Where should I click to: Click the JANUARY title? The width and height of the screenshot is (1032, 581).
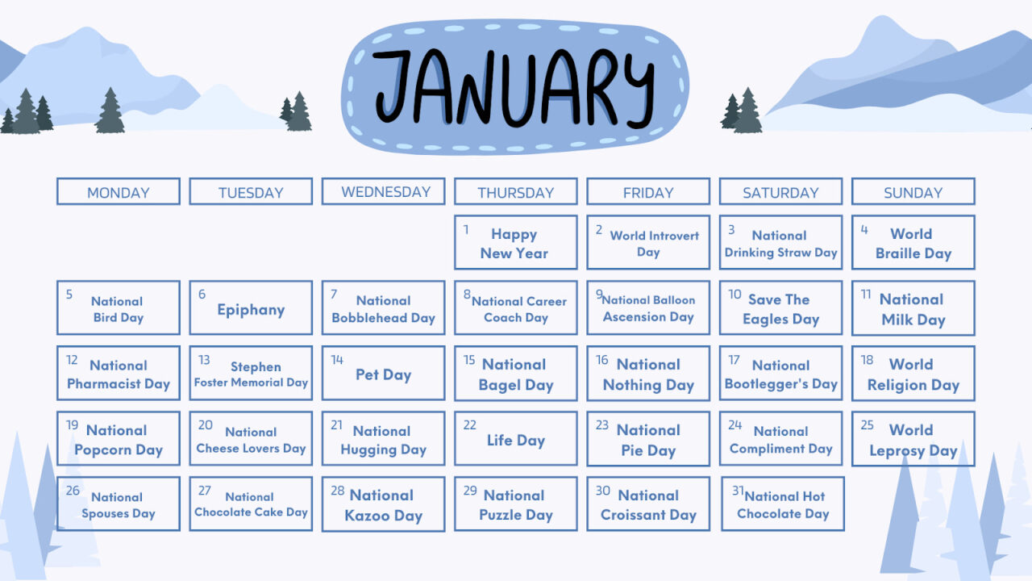coord(514,86)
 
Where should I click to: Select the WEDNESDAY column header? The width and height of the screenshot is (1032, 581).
coord(383,191)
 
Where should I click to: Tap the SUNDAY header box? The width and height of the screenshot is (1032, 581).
coord(913,192)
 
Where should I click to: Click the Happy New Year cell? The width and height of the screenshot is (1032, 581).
coord(515,242)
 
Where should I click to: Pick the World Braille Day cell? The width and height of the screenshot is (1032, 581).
coord(913,242)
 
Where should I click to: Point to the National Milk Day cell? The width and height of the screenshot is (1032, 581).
coord(913,308)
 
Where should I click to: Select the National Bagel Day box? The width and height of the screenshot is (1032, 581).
coord(515,374)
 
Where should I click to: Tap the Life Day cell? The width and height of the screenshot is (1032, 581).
coord(515,440)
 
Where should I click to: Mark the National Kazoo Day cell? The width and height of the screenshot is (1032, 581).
coord(383,504)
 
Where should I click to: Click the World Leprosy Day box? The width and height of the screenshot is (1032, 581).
coord(913,439)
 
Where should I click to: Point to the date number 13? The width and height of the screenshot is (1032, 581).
coord(204,360)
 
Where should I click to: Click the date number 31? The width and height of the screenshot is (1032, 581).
coord(738,491)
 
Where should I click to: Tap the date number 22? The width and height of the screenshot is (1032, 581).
coord(469,425)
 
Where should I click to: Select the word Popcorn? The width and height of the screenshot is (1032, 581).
coord(102,450)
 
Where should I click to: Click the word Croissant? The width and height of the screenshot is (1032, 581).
coord(634,515)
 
